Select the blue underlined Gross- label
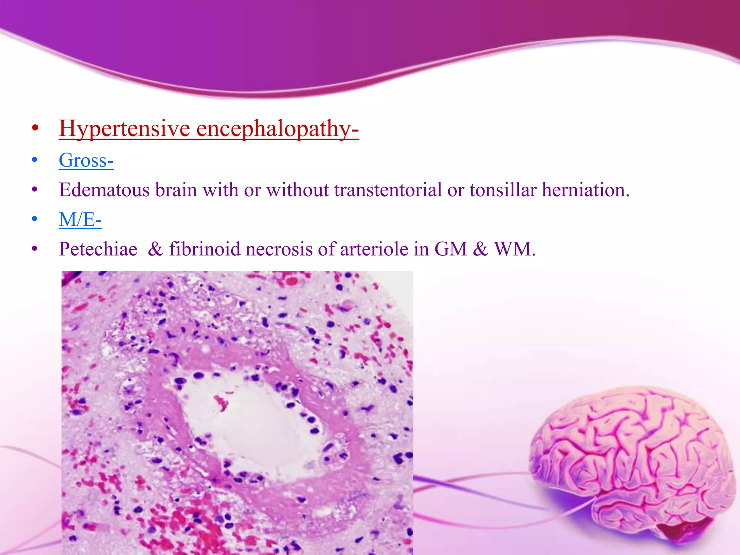click(86, 160)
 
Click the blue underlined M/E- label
click(80, 220)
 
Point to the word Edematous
click(104, 190)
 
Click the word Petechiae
click(98, 249)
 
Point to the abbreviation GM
click(451, 249)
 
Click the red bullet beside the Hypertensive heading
click(35, 128)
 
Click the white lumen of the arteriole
click(253, 426)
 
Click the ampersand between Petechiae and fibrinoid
click(155, 249)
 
